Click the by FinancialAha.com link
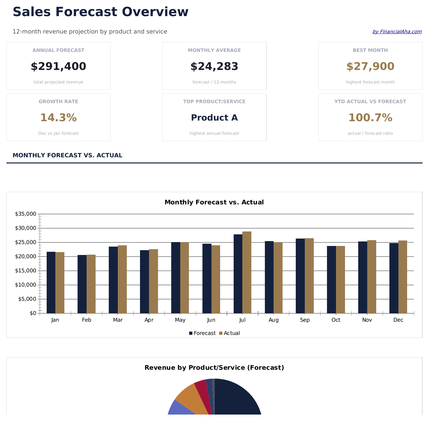[x=397, y=32]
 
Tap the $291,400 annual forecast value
[x=58, y=67]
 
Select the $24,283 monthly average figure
[x=214, y=67]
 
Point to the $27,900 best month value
[x=370, y=67]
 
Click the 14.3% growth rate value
[x=58, y=118]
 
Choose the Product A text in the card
[x=214, y=118]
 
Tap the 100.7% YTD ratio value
[x=370, y=118]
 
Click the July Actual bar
[x=247, y=272]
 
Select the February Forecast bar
[x=82, y=284]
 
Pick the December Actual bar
[x=403, y=277]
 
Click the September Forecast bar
[x=300, y=276]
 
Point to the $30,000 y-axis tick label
[x=25, y=228]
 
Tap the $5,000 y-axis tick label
[x=27, y=299]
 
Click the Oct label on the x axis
[x=336, y=320]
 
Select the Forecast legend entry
[x=202, y=333]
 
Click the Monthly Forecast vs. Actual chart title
[x=214, y=202]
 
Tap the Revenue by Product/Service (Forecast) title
[x=214, y=368]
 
